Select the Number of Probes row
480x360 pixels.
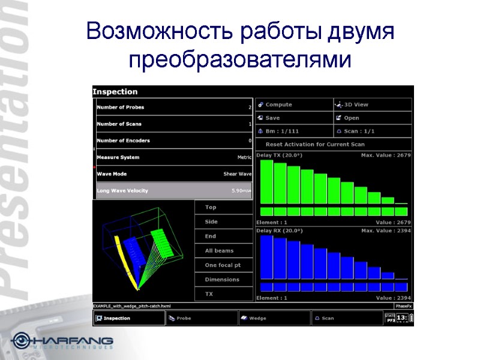tap(174, 107)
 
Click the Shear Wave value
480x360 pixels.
tap(237, 174)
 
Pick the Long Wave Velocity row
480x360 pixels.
tap(174, 191)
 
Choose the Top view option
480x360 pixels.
tap(223, 208)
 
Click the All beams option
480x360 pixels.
tap(223, 251)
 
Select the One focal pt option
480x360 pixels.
tap(223, 265)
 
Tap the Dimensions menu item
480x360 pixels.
tap(223, 280)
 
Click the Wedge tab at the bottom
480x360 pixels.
tap(274, 318)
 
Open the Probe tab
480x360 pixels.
tap(201, 318)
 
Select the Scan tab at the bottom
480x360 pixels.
tap(347, 318)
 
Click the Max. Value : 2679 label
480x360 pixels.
tap(385, 155)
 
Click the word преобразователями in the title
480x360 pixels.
tap(239, 61)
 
